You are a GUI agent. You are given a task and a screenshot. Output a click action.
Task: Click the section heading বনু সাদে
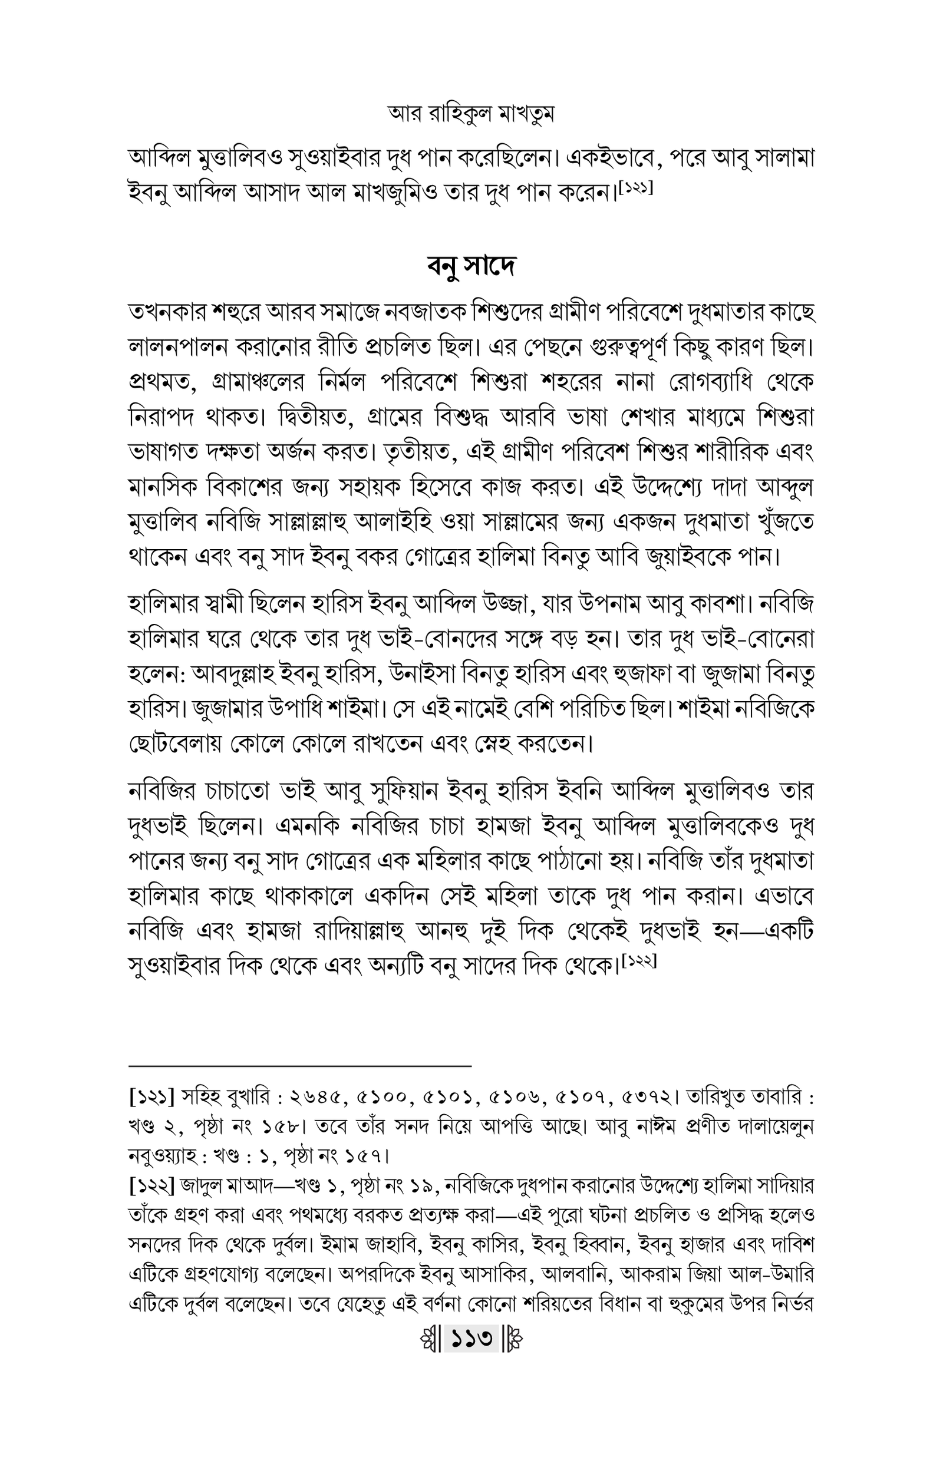point(471,266)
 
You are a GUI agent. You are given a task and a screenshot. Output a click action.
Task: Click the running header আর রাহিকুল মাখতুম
point(471,114)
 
